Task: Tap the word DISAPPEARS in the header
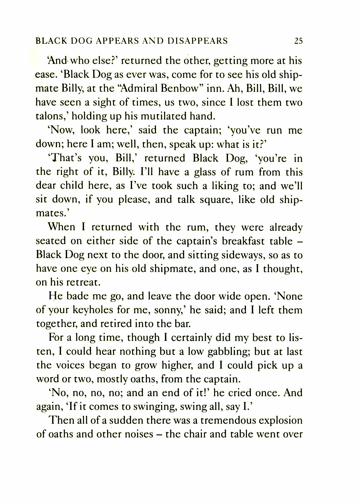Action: (198, 41)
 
